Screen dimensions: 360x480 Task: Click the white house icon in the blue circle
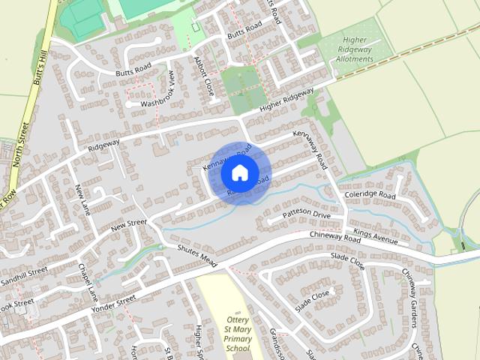click(239, 173)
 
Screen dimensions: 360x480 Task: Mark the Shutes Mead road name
click(196, 256)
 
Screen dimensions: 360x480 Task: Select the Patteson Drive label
click(306, 215)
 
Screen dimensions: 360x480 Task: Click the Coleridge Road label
click(369, 195)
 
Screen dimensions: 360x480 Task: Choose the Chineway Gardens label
click(409, 298)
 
